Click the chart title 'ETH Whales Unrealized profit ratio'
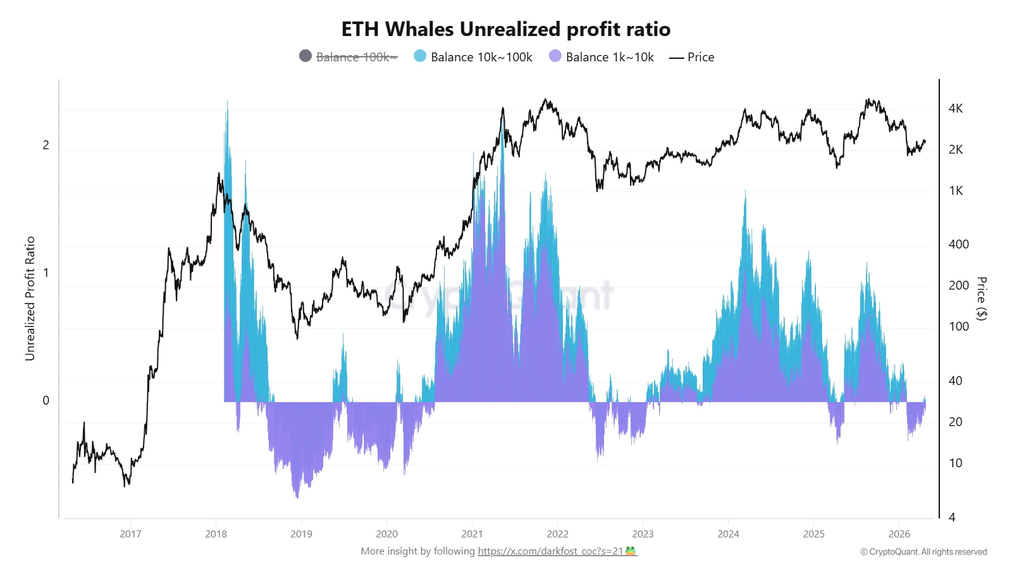point(505,29)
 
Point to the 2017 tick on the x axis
point(130,534)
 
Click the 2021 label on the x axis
point(472,534)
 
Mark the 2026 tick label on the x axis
point(899,534)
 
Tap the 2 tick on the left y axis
point(46,145)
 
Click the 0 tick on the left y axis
point(46,400)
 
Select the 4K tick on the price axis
point(956,108)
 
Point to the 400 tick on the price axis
point(958,244)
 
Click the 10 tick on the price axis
point(956,463)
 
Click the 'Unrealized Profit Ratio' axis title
point(30,298)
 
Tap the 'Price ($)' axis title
point(981,298)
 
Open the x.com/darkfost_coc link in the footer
point(550,551)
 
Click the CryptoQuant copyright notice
point(923,552)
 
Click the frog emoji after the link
point(631,551)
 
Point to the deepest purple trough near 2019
point(297,497)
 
